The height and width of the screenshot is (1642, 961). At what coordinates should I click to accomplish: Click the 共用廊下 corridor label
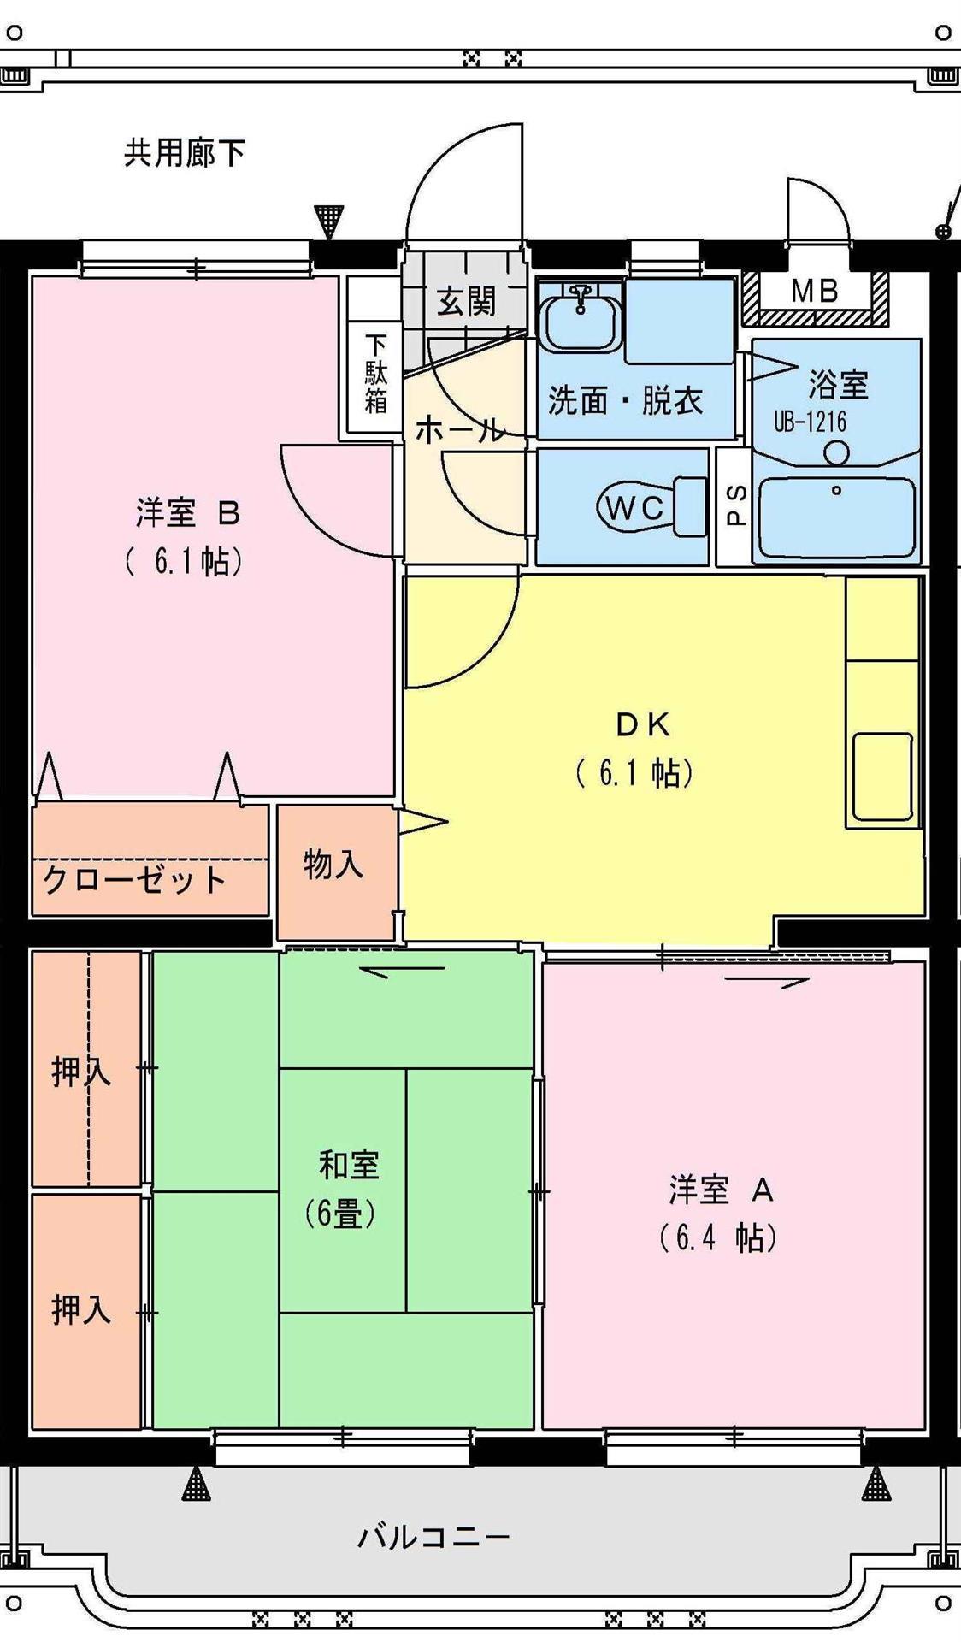tap(185, 153)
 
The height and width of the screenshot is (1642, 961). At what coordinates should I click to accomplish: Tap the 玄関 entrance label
tap(466, 301)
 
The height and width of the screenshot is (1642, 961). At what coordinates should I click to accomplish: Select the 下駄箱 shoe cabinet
tap(375, 374)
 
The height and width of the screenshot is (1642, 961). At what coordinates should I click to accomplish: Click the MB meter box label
tap(814, 292)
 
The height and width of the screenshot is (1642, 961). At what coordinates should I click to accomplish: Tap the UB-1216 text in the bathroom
tap(810, 422)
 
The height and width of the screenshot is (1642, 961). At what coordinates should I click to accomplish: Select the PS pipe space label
tap(736, 505)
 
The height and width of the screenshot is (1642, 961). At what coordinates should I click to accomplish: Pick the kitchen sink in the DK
tap(881, 777)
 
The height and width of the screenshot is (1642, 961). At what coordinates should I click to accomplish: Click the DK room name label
tap(643, 725)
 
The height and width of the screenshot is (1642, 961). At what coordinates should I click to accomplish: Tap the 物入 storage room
tap(334, 865)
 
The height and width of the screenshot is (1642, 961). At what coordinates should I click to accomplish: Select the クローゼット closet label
tap(134, 880)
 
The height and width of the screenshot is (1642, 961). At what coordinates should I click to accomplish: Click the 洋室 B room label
tap(187, 513)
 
